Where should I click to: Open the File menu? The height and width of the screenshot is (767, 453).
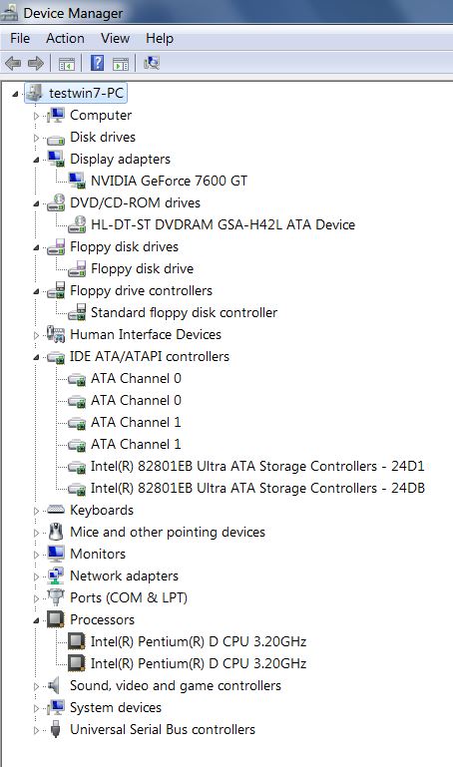click(x=20, y=38)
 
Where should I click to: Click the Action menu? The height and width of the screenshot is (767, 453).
click(x=65, y=38)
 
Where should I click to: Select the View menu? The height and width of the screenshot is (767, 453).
click(x=115, y=38)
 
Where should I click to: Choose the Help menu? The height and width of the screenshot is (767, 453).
click(x=160, y=38)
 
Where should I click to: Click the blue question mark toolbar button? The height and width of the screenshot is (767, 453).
click(x=98, y=63)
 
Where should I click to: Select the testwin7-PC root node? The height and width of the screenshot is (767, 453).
click(x=86, y=93)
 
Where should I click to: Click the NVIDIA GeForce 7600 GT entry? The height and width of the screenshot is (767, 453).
click(x=169, y=181)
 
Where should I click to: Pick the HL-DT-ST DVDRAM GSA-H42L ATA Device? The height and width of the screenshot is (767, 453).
click(x=223, y=224)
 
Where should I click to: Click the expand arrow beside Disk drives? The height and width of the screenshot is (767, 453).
click(x=36, y=138)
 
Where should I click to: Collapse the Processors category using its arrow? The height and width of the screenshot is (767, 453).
click(x=36, y=620)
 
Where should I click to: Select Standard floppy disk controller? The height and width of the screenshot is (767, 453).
click(x=184, y=312)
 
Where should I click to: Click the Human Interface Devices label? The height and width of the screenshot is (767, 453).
click(x=146, y=334)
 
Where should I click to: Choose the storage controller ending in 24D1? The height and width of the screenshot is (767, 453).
click(x=257, y=466)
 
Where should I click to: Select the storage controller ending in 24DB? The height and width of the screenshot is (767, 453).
click(x=257, y=488)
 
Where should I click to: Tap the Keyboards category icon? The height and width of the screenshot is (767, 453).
click(x=55, y=510)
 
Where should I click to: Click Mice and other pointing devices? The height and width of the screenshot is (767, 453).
click(x=168, y=532)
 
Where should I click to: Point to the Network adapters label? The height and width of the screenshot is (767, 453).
click(x=124, y=575)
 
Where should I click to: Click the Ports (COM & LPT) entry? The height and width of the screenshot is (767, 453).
click(x=129, y=597)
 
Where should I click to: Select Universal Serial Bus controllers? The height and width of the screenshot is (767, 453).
click(x=163, y=729)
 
